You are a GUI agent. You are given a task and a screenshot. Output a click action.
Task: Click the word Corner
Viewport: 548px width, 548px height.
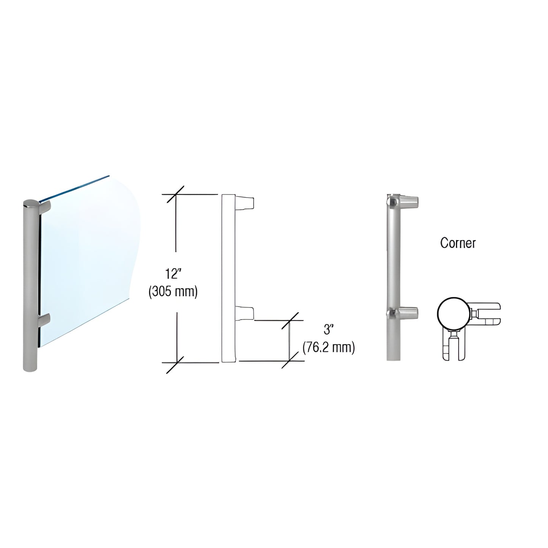click(458, 243)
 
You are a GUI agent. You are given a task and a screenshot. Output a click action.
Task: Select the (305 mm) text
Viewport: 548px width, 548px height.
click(173, 292)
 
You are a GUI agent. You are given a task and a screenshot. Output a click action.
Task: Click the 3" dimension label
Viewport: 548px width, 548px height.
click(328, 330)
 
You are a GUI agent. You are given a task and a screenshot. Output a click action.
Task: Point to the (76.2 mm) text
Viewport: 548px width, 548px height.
click(329, 347)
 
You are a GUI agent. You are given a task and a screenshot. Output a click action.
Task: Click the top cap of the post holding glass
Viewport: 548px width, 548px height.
click(31, 204)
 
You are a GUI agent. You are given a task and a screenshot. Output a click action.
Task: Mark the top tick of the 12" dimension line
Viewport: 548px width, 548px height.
click(175, 195)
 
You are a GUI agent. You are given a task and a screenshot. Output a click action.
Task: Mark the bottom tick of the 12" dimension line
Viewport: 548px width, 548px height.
click(175, 363)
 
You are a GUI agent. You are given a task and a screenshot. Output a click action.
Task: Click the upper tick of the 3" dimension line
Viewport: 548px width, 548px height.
click(290, 320)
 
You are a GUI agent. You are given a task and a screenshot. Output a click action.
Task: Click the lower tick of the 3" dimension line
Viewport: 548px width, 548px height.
click(290, 360)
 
